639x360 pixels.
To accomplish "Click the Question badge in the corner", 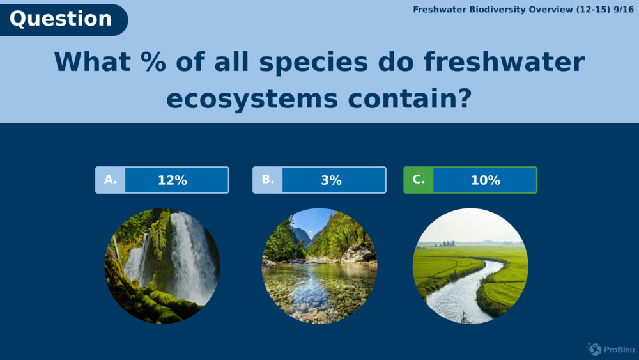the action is (63, 20).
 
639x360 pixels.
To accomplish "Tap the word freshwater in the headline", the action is (505, 62).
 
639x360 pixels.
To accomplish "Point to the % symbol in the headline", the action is (153, 62).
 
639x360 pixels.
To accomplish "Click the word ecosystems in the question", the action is (252, 99).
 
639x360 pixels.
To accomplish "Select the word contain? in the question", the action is (410, 98).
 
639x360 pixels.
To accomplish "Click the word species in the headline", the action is (314, 63).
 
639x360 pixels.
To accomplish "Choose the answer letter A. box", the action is (111, 180).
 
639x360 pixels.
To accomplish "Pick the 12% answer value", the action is (173, 180).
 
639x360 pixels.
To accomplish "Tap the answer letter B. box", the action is (268, 180).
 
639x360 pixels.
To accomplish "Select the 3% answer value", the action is (331, 180).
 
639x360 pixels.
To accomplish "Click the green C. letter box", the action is (419, 180).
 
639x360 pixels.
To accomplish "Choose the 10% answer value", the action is (486, 180).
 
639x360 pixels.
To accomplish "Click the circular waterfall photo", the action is (162, 266).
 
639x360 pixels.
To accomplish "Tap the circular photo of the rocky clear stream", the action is (319, 266).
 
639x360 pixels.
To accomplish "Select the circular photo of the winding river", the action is (470, 266).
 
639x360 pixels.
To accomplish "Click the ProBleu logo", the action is (610, 349).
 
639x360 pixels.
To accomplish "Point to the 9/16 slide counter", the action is (624, 10).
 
